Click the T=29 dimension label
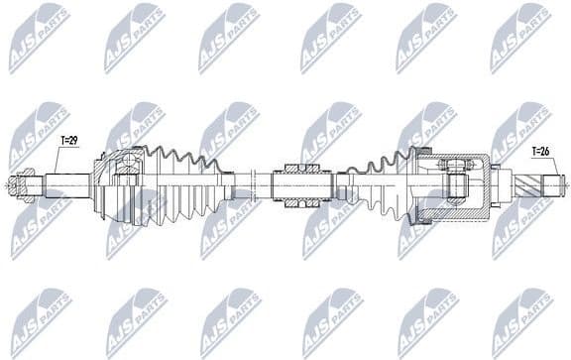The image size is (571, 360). point(68,141)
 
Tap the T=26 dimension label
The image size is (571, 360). point(540,152)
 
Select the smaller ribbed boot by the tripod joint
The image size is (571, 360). point(382,184)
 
